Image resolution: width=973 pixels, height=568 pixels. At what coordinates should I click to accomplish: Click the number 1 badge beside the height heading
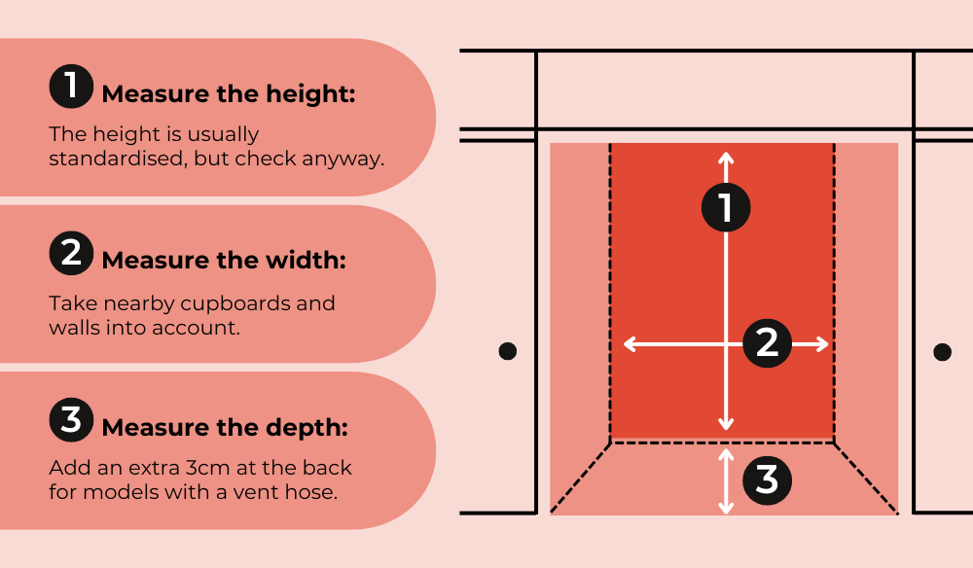coord(71,87)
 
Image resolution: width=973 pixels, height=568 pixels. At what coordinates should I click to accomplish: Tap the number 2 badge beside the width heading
coord(71,253)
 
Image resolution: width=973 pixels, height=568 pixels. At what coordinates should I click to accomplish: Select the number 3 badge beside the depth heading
coord(71,420)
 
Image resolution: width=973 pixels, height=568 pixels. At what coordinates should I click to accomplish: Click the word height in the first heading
coord(310,94)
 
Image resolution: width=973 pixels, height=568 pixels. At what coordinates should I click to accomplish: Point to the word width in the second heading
coord(306,261)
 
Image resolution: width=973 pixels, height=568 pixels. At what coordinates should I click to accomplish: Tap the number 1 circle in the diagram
coord(726,207)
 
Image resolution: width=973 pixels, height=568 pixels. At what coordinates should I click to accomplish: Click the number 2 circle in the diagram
coord(767,343)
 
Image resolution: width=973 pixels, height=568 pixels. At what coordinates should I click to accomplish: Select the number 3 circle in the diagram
coord(767,479)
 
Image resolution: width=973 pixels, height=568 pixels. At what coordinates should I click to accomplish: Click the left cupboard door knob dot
coord(508,351)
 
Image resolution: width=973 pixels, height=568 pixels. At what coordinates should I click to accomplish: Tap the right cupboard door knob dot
coord(942,352)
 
